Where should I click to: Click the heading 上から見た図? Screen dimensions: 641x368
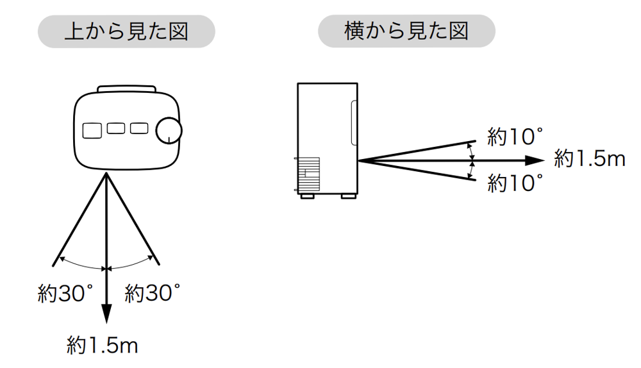tap(126, 31)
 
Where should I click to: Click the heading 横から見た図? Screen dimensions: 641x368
tap(406, 31)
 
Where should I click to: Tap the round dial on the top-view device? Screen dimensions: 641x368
tap(169, 131)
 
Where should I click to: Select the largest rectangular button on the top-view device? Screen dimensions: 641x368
tap(92, 131)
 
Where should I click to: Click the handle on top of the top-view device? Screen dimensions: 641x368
tap(127, 88)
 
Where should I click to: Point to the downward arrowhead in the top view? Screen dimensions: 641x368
tap(106, 314)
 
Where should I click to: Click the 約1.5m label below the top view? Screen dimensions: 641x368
tap(102, 346)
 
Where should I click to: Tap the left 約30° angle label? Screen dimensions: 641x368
tap(65, 293)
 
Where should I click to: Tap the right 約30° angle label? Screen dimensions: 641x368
tap(153, 293)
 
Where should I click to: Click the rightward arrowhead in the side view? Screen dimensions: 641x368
tap(535, 160)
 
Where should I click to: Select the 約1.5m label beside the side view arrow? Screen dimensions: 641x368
tap(590, 158)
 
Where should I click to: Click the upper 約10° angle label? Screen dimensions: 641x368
tap(515, 137)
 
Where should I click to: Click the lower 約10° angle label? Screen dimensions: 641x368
tap(515, 183)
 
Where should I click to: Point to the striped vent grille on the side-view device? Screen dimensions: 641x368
tap(309, 174)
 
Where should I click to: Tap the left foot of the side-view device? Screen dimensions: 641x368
tap(308, 196)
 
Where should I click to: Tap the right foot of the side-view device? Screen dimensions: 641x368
tap(349, 196)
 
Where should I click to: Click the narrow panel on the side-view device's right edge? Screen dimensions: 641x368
tap(354, 122)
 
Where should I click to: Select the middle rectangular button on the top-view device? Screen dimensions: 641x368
tap(116, 128)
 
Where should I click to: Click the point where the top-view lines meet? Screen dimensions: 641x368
tap(106, 172)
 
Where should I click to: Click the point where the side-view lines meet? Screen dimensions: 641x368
tap(358, 161)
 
